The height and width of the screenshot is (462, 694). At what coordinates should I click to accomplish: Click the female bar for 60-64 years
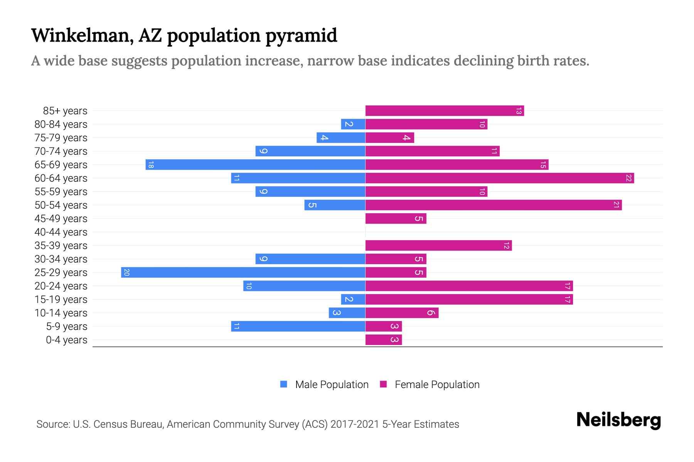click(499, 178)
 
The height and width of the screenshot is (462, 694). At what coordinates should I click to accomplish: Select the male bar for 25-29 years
click(243, 273)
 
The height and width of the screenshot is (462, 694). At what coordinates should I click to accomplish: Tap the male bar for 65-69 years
click(255, 165)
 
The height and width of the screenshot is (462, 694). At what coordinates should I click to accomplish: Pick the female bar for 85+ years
click(444, 111)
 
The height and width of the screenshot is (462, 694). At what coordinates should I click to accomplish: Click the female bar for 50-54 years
click(494, 205)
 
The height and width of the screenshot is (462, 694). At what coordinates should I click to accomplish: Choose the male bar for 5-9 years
click(298, 326)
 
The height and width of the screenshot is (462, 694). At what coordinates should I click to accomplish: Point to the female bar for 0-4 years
click(383, 340)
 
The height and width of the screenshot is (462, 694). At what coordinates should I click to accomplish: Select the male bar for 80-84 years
click(353, 124)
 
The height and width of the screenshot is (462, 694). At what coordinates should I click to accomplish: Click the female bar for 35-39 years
click(438, 246)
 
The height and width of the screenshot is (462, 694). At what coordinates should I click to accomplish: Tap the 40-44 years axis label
click(61, 232)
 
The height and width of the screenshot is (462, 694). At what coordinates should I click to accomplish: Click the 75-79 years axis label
click(61, 138)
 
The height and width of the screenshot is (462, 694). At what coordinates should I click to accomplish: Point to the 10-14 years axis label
click(61, 313)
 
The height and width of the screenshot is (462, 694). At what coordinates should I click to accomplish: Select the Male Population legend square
click(284, 384)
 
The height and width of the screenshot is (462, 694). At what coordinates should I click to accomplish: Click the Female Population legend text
click(437, 385)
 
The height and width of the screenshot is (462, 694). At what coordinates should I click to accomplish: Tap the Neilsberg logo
click(618, 420)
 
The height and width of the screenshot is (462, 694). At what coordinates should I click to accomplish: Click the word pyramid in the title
click(301, 36)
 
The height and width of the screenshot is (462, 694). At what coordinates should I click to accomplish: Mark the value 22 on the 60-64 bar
click(629, 178)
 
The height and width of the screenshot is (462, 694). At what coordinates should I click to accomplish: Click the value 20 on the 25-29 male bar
click(126, 273)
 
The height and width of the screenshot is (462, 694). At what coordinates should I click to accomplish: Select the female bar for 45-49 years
click(396, 219)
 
